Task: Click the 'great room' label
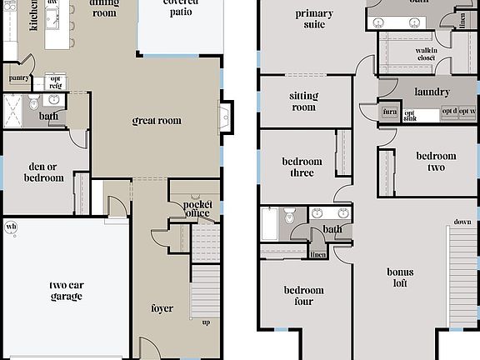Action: pyautogui.click(x=157, y=122)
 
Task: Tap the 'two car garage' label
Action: pyautogui.click(x=66, y=291)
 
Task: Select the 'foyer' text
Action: pyautogui.click(x=162, y=308)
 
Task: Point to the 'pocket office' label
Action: pyautogui.click(x=197, y=209)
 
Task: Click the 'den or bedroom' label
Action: pyautogui.click(x=43, y=172)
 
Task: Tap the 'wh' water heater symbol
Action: pyautogui.click(x=11, y=226)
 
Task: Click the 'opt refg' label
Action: pyautogui.click(x=56, y=82)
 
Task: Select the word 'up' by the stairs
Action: pyautogui.click(x=205, y=322)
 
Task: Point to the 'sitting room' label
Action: pyautogui.click(x=303, y=102)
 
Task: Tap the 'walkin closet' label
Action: pyautogui.click(x=427, y=56)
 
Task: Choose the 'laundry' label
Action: pyautogui.click(x=432, y=92)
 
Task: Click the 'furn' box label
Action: pyautogui.click(x=389, y=112)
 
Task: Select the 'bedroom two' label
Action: pyautogui.click(x=436, y=162)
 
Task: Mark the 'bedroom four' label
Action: pyautogui.click(x=303, y=296)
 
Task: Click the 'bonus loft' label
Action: pyautogui.click(x=400, y=277)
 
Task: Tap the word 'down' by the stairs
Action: pyautogui.click(x=462, y=222)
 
